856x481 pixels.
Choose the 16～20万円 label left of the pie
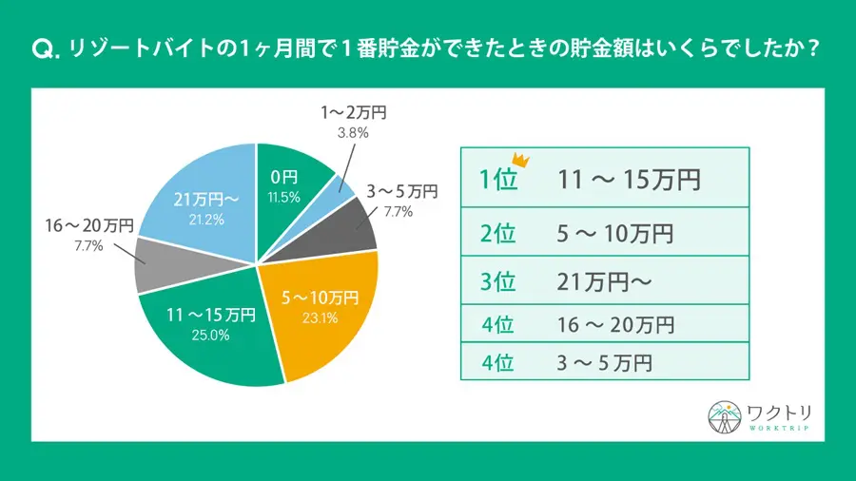click(88, 227)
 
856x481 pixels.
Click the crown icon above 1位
click(520, 160)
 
